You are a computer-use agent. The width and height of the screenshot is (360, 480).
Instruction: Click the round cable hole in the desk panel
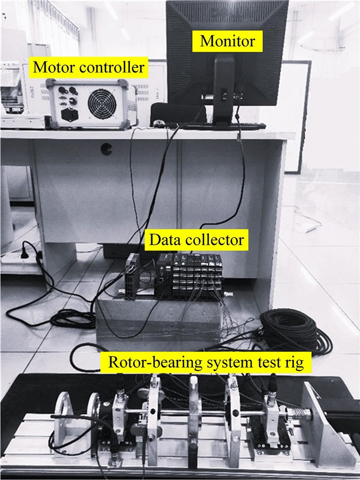point(106,149)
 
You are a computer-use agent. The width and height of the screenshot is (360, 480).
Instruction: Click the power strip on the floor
point(21,255)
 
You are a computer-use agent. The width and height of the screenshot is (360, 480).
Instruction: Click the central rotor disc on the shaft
point(194,411)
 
